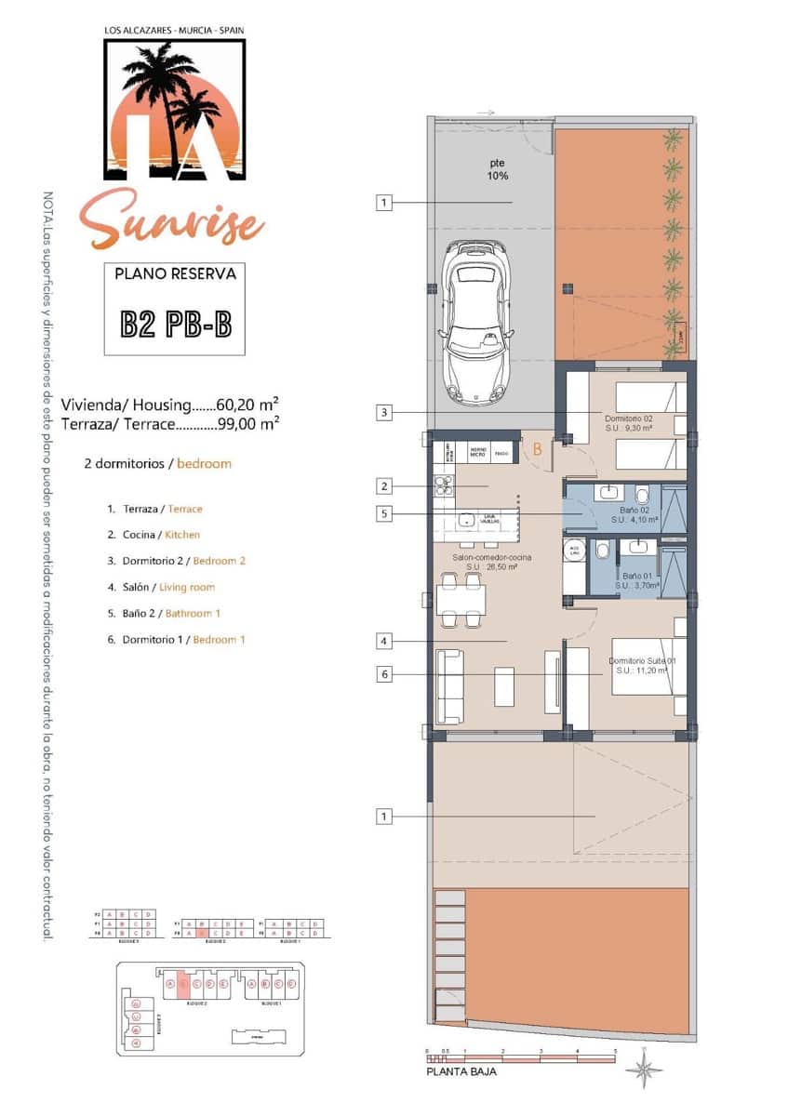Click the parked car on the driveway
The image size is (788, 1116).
tap(475, 323)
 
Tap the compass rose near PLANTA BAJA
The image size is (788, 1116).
tap(644, 1070)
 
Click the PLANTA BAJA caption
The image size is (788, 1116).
tap(461, 1071)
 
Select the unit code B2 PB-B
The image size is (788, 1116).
tap(175, 324)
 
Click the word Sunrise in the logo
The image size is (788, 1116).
tap(171, 218)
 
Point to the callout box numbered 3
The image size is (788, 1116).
tap(383, 412)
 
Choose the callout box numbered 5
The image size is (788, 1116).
tap(383, 512)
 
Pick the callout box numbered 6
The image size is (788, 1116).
tap(383, 674)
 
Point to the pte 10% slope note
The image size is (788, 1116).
tap(498, 168)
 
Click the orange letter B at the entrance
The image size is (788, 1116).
tap(538, 449)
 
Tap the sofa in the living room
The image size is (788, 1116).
tap(450, 686)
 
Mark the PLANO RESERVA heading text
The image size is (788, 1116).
tap(175, 274)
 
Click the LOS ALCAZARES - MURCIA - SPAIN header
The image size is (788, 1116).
tap(174, 31)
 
